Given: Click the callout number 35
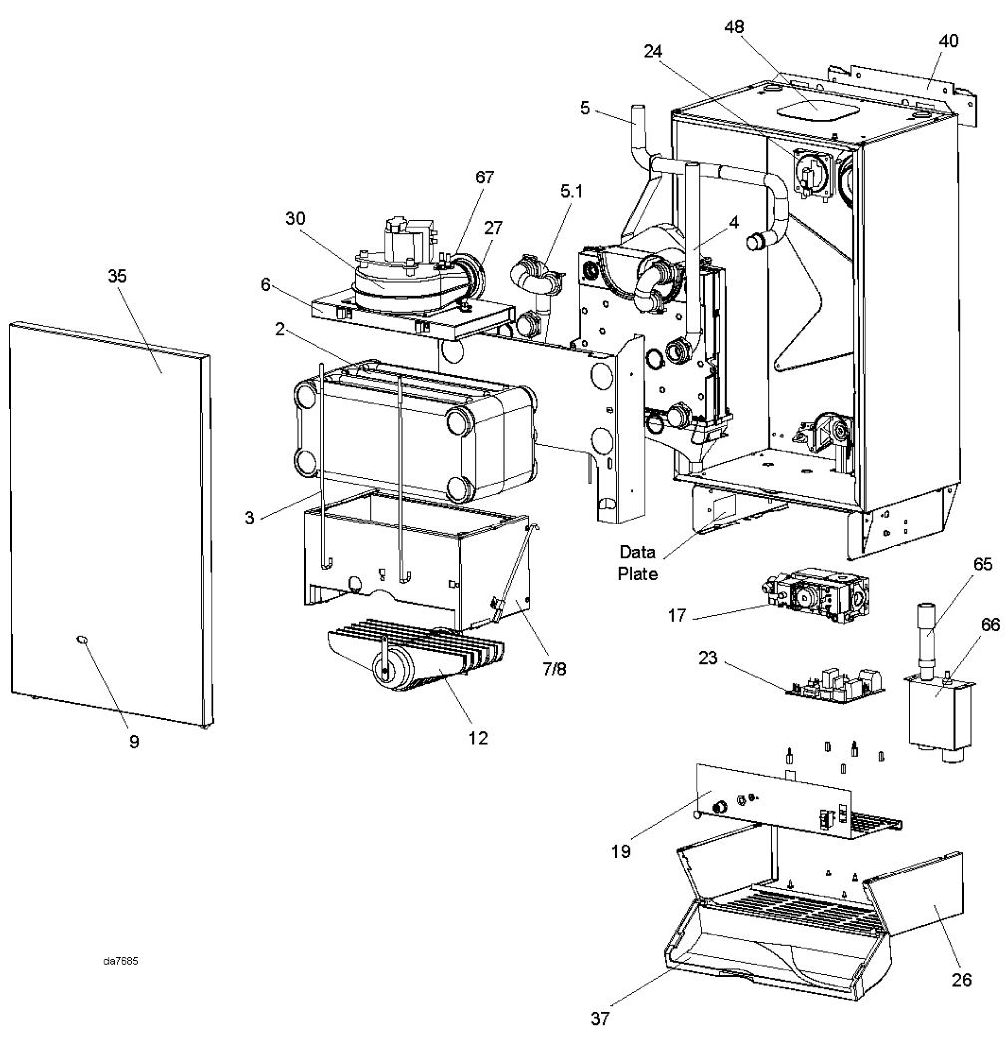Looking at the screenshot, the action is pyautogui.click(x=117, y=276).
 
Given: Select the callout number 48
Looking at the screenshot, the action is pyautogui.click(x=734, y=27).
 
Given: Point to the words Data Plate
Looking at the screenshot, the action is pyautogui.click(x=638, y=562).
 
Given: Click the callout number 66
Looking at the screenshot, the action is pyautogui.click(x=990, y=625).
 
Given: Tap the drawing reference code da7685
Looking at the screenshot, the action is pyautogui.click(x=121, y=962).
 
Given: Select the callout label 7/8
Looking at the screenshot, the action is pyautogui.click(x=554, y=669).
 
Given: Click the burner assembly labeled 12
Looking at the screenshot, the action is pyautogui.click(x=418, y=658).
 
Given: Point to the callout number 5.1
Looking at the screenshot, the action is pyautogui.click(x=571, y=192).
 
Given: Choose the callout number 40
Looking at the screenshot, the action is pyautogui.click(x=948, y=41).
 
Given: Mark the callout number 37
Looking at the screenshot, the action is pyautogui.click(x=600, y=1018).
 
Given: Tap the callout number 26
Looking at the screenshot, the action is pyautogui.click(x=961, y=980).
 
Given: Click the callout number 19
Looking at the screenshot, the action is pyautogui.click(x=621, y=851).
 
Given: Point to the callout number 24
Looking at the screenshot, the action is pyautogui.click(x=653, y=52).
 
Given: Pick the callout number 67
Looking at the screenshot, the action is pyautogui.click(x=484, y=177).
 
